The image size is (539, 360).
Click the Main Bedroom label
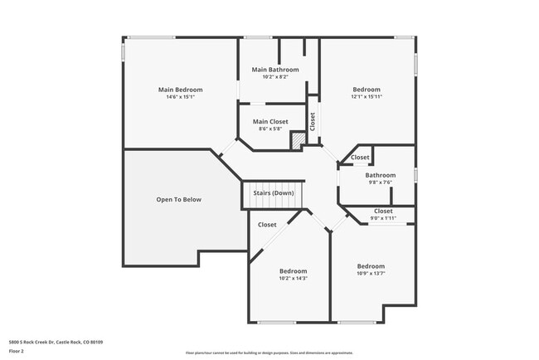click(x=180, y=90)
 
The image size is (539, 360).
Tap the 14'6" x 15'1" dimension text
click(x=180, y=97)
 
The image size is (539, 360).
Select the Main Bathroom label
click(x=274, y=70)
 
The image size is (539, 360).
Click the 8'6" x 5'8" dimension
click(x=269, y=129)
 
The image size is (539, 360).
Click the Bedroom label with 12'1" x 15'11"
click(x=367, y=90)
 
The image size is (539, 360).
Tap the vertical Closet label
click(x=313, y=122)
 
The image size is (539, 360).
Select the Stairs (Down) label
click(x=273, y=193)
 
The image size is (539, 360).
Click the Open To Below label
click(x=179, y=200)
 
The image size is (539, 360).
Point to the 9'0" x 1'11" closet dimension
click(x=383, y=218)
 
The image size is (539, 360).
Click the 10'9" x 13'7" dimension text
click(x=371, y=274)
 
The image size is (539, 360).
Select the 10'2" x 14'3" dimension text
click(x=293, y=279)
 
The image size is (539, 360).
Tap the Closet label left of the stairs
click(x=267, y=225)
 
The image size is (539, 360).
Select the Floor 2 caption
click(x=17, y=351)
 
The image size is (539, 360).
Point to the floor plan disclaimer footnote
click(x=269, y=352)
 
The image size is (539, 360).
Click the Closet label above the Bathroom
click(x=360, y=158)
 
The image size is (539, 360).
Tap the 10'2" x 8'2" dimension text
click(x=274, y=77)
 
